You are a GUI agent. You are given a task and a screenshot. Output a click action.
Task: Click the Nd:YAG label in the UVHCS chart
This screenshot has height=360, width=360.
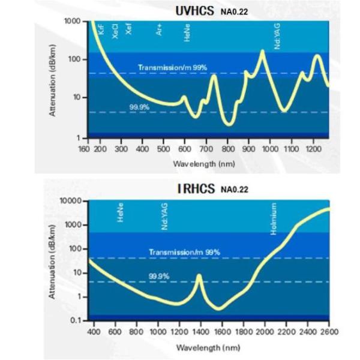[278, 38]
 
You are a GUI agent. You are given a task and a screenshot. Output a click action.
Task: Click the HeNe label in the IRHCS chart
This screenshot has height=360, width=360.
[121, 214]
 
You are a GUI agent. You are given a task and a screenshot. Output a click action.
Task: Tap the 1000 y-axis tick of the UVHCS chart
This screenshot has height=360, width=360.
[72, 22]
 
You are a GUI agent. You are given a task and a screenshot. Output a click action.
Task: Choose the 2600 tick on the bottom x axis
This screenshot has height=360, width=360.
[329, 332]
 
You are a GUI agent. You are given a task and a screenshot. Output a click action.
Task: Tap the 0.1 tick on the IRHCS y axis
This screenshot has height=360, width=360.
[75, 320]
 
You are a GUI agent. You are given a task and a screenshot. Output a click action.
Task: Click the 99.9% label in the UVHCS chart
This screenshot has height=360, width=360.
[139, 107]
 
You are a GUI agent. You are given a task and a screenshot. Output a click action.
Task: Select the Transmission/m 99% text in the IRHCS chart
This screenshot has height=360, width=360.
[185, 252]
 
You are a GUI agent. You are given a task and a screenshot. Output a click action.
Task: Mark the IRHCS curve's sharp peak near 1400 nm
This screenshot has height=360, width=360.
[199, 275]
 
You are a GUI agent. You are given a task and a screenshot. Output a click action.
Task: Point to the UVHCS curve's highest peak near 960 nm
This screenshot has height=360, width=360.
[262, 52]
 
